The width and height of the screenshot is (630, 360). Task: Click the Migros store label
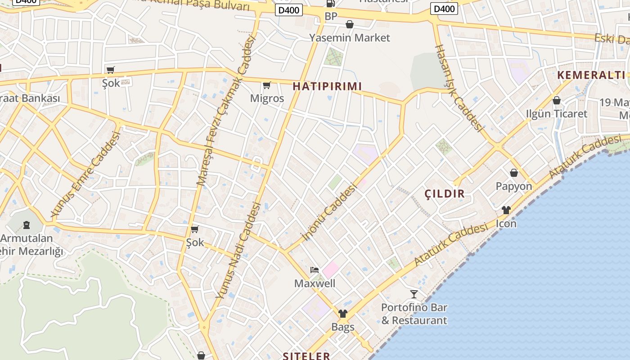pos(267,98)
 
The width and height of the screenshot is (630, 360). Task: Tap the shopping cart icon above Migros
pos(267,85)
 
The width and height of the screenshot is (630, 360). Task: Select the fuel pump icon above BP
pos(331,4)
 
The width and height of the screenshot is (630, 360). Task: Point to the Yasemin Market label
pos(349,38)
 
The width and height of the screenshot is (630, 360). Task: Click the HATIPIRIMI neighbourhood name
pos(327,86)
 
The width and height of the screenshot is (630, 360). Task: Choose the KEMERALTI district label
pos(591,75)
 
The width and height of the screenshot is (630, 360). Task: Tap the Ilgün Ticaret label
pos(556,113)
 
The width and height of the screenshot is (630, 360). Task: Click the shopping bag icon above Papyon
pos(513,173)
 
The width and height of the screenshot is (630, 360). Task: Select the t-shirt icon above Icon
pos(506,210)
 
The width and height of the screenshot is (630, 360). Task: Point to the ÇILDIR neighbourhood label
pos(445,194)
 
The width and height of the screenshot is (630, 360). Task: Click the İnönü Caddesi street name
pos(331,212)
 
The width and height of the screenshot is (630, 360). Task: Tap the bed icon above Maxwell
pos(315,270)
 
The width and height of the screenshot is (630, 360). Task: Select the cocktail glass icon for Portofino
pos(414,294)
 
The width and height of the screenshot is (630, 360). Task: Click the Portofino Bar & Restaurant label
pos(414,314)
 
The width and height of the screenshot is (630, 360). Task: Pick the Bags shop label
pos(343,327)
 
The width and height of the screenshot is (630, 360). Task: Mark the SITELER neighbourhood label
pos(306,356)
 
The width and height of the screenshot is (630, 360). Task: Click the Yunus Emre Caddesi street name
pos(86,175)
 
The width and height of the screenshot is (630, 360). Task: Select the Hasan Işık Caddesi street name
pos(459,88)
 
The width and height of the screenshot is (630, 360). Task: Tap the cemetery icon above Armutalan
pos(26,225)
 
